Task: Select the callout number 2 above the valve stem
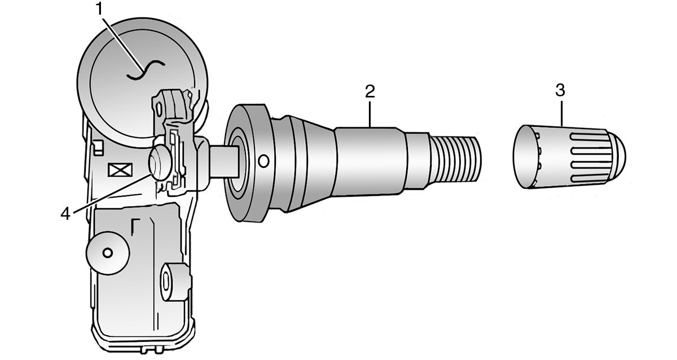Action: coord(370,91)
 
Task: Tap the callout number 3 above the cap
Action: coord(560,90)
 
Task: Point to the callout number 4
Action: coord(66,214)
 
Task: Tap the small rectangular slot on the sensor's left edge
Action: coord(98,148)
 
